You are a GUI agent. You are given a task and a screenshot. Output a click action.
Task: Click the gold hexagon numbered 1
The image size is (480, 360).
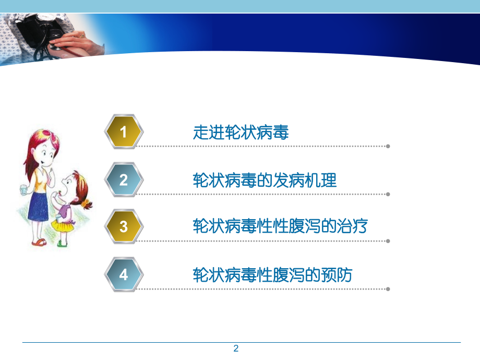coord(123,132)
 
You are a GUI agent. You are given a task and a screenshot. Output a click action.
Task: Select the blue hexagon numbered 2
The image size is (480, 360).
coord(123,180)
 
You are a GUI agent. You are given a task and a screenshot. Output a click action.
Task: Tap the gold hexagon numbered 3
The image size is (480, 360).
coord(123,227)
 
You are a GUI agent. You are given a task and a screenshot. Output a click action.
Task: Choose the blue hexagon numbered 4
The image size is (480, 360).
coord(123,274)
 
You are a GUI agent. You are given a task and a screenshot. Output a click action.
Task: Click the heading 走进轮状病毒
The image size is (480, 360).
coord(241,133)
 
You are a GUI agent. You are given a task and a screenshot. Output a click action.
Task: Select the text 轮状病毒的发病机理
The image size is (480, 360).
coord(265,181)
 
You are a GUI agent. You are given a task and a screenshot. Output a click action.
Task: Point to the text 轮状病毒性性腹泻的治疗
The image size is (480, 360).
coord(281,227)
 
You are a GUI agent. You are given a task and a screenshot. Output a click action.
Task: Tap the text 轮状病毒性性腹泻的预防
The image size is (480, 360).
coord(272,275)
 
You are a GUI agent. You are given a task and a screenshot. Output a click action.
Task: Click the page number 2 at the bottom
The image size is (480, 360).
coord(236,349)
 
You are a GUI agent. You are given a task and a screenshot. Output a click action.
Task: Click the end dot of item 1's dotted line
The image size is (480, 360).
coord(388,146)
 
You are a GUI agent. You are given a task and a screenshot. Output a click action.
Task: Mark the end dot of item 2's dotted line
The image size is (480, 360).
coord(388,194)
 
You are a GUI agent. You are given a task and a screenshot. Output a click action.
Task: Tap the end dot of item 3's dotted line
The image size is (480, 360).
coord(388,241)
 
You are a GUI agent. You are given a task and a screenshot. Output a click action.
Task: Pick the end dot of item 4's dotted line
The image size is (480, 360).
coord(388,289)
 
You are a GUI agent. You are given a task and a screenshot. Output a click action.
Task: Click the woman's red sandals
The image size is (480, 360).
coord(39,242)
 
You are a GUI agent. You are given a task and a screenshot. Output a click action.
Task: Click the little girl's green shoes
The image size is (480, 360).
coord(62,243)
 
